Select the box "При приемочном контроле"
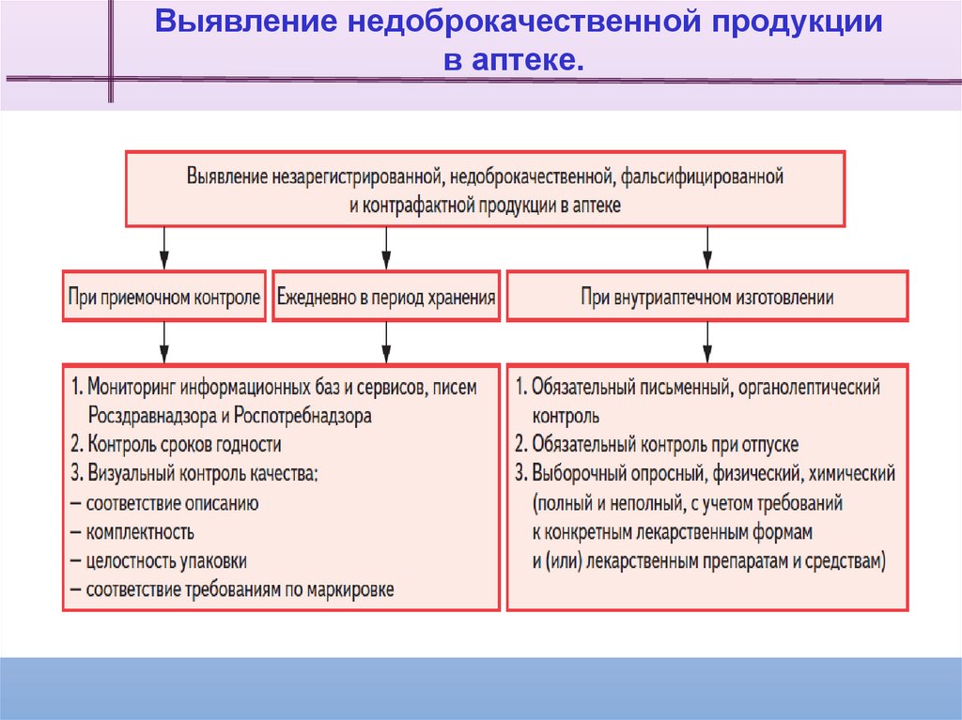coord(164,298)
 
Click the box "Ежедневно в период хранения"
coord(385,298)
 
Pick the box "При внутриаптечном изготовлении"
coord(706,298)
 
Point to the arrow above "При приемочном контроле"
coord(164,249)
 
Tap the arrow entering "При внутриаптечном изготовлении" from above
coord(706,249)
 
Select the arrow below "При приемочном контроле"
coord(164,343)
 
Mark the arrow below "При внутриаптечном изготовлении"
coord(706,343)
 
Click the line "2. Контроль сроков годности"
coord(175,444)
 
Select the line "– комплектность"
coord(132,531)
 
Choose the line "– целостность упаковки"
coord(159,560)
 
